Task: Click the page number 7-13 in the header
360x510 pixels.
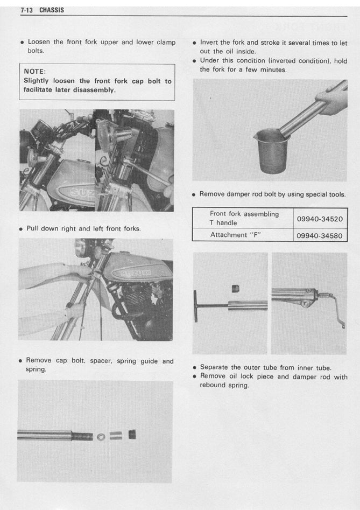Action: point(27,10)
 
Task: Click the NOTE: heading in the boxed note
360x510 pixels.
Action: point(35,71)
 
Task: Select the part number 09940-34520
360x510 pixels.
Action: point(320,219)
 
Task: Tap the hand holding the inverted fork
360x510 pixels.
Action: point(333,100)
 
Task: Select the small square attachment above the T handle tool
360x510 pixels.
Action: point(235,289)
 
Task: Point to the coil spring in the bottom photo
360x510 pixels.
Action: point(81,435)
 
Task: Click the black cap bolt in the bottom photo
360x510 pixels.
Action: point(131,434)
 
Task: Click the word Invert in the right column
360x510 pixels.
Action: point(210,43)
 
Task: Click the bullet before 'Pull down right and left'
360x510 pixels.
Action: point(21,229)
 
